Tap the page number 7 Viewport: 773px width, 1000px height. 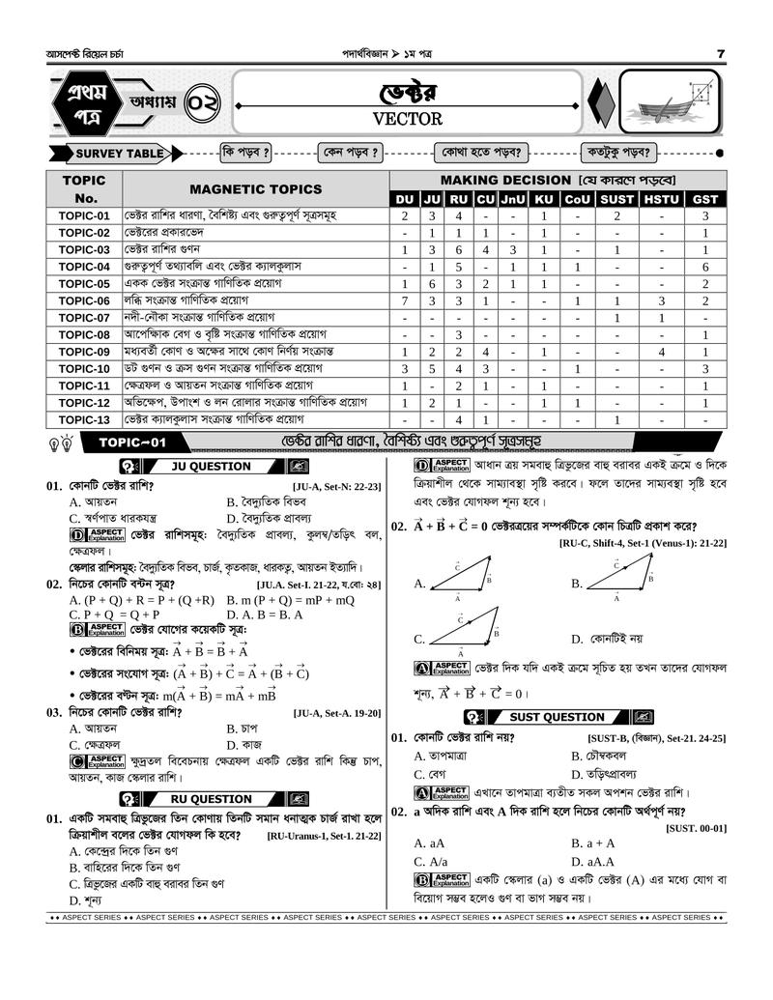coord(721,52)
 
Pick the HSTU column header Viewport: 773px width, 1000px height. coord(662,199)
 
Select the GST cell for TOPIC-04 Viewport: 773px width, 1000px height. coord(705,267)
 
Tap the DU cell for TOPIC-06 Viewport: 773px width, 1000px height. coord(405,300)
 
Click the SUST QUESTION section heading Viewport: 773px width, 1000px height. coord(557,717)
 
